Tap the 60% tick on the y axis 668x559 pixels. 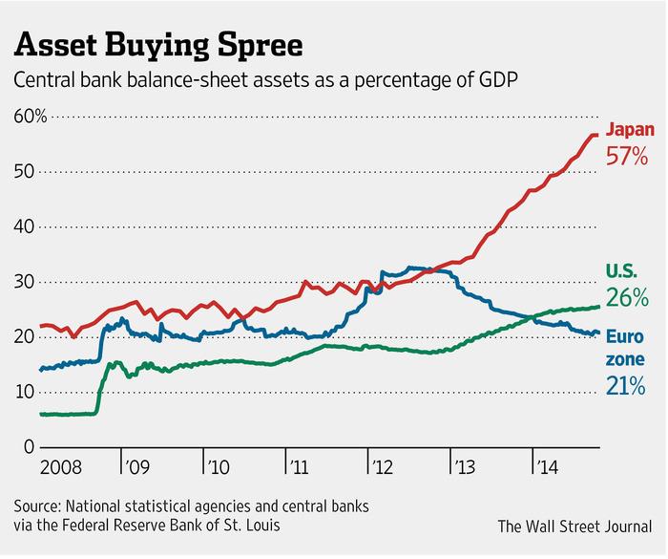click(x=29, y=117)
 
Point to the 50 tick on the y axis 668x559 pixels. click(x=23, y=172)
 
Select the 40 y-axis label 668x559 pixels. click(x=23, y=227)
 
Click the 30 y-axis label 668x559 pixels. click(x=23, y=282)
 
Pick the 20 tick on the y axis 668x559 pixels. click(x=23, y=337)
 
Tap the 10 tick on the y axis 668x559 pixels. click(x=23, y=393)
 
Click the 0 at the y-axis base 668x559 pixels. click(x=29, y=447)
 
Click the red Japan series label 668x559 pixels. click(x=630, y=128)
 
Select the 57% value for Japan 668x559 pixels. click(x=628, y=154)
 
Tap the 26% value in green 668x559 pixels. click(x=627, y=298)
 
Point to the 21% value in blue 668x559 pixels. click(x=626, y=386)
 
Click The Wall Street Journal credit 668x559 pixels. click(x=576, y=526)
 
